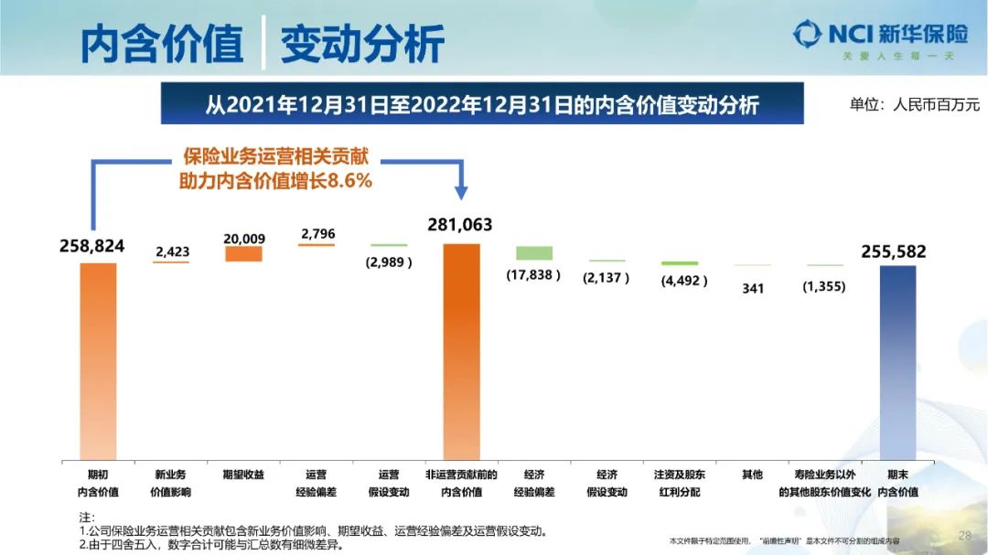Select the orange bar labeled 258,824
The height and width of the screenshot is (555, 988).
click(x=98, y=360)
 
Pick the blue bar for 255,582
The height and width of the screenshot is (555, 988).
click(x=897, y=362)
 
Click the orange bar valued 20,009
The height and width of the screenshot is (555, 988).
click(x=243, y=254)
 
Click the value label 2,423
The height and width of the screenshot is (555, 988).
click(x=172, y=251)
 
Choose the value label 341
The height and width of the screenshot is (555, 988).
click(x=753, y=288)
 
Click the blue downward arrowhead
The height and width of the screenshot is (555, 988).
click(x=462, y=192)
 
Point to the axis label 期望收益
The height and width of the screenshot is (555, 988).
click(x=243, y=475)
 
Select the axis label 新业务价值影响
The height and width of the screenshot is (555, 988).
click(x=171, y=483)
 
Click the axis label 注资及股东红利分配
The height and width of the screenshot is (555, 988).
click(x=680, y=483)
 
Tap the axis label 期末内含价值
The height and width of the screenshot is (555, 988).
click(x=897, y=483)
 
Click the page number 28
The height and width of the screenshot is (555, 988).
click(x=964, y=535)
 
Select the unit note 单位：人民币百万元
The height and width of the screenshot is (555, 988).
click(x=914, y=104)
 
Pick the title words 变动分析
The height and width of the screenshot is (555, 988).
click(x=362, y=44)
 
